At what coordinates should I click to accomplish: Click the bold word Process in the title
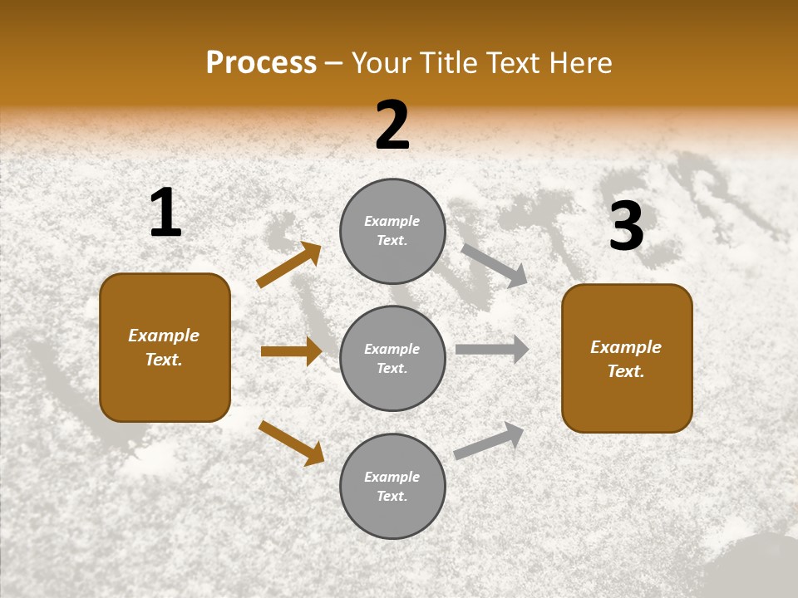[x=261, y=63]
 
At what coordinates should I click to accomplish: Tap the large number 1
[x=165, y=213]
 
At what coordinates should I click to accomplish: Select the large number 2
[x=392, y=125]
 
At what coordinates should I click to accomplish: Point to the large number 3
[x=627, y=226]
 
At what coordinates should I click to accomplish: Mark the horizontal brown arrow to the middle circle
[x=291, y=351]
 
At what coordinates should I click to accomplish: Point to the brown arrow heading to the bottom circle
[x=291, y=443]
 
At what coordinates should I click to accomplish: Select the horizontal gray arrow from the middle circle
[x=491, y=349]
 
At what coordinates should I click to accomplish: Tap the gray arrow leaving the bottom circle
[x=489, y=441]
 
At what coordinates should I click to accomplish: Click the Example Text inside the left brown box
[x=164, y=347]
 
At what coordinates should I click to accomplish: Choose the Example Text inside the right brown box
[x=626, y=359]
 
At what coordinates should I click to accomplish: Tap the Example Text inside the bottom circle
[x=392, y=486]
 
